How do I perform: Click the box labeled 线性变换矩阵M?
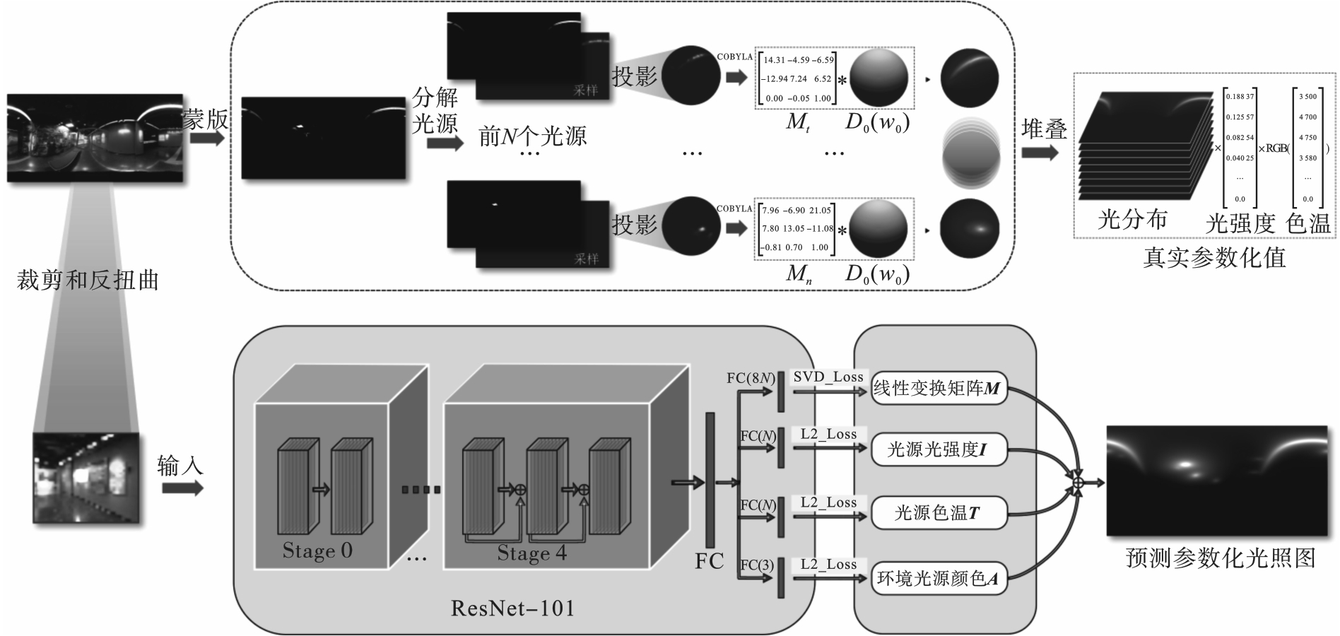pos(938,389)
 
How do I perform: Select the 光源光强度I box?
pos(938,450)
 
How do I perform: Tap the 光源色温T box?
pos(938,513)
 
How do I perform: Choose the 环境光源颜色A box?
pos(938,579)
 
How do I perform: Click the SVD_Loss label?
pos(828,377)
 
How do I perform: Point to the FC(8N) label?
pos(752,378)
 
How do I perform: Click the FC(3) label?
pos(757,565)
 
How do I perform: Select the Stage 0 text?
pos(317,550)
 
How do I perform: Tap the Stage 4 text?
pos(531,553)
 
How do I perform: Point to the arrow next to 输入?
pos(182,488)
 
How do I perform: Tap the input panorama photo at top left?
pos(95,138)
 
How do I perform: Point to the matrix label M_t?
pos(797,123)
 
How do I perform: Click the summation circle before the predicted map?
pos(1078,483)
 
